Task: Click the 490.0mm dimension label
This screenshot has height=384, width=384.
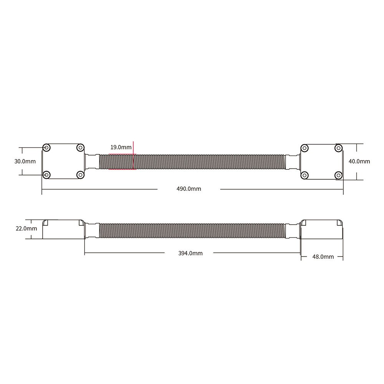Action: pos(189,189)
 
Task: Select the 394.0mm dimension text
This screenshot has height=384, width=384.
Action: pos(190,253)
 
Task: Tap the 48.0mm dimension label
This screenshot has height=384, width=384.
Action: pos(323,257)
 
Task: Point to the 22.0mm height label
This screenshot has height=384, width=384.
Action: pos(26,228)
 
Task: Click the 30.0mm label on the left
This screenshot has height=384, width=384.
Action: pos(25,161)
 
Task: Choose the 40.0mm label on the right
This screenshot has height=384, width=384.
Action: pos(359,161)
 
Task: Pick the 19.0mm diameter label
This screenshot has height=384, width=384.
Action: pos(121,147)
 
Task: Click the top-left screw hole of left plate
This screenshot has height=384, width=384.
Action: pos(46,148)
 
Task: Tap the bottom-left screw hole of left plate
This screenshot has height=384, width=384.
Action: pos(46,175)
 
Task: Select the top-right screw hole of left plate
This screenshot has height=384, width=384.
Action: pos(80,148)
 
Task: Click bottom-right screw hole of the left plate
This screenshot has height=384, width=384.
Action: pos(80,175)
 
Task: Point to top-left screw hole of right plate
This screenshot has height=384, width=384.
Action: pos(305,148)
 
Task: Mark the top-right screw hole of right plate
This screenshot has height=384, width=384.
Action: pos(338,148)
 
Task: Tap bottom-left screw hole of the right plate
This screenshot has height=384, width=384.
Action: pos(305,175)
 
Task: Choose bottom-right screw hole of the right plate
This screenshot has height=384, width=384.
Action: pos(338,175)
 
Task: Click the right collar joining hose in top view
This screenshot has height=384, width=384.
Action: pos(293,161)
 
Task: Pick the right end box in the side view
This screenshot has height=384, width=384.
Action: pos(322,229)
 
